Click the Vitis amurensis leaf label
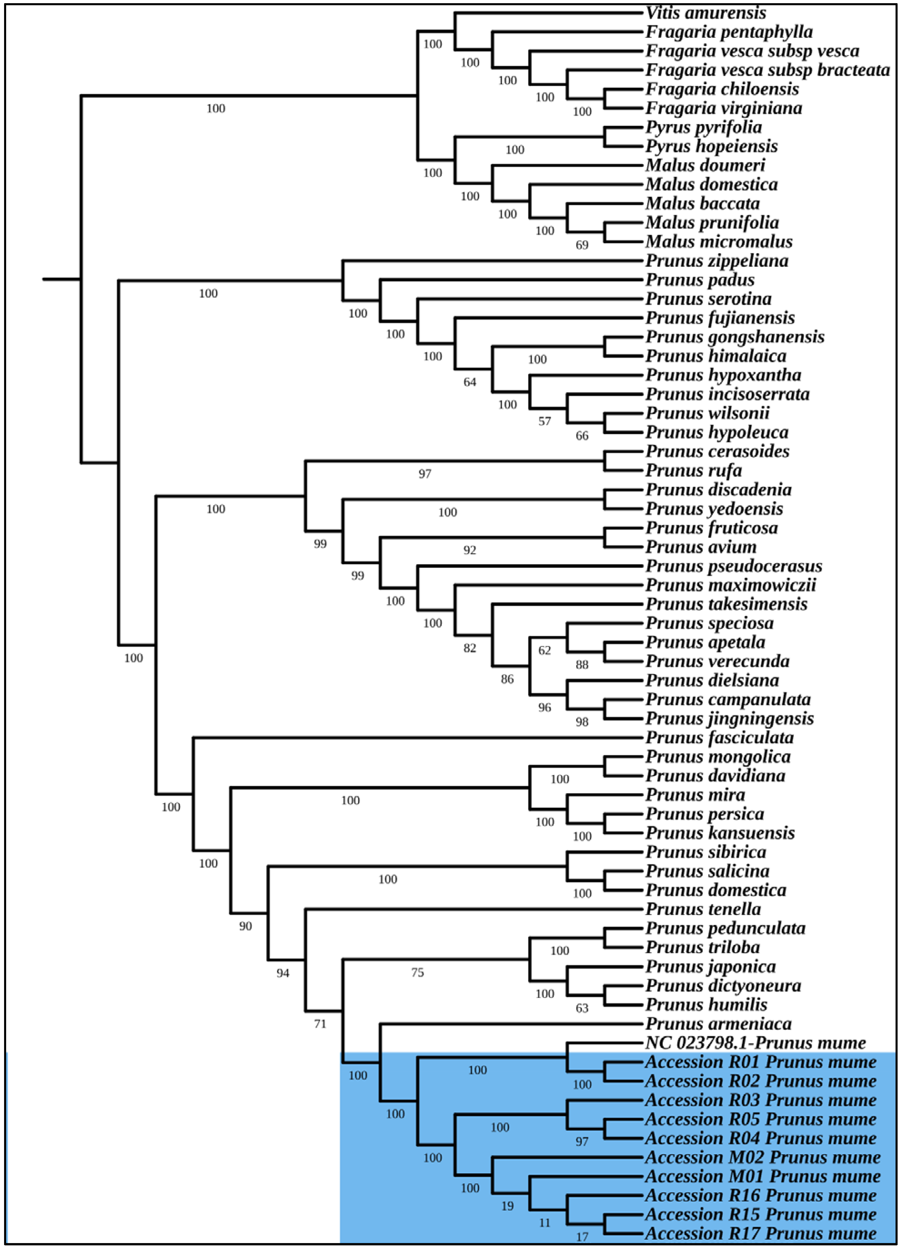tap(705, 13)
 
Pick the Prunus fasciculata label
tap(719, 737)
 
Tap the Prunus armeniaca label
tap(718, 1024)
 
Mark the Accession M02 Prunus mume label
tap(763, 1157)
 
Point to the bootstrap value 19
tap(507, 1206)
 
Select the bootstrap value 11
tap(545, 1223)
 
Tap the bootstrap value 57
tap(545, 421)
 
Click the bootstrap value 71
tap(320, 1024)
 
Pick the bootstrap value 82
tap(470, 648)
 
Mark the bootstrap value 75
tap(417, 973)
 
